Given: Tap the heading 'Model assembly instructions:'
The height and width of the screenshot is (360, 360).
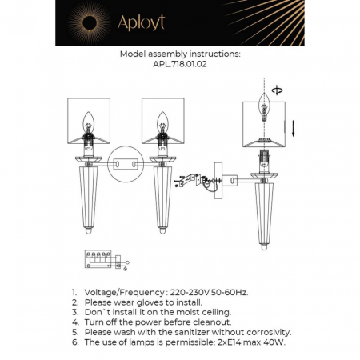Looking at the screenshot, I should [x=179, y=55].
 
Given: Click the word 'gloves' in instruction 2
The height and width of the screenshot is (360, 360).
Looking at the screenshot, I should [x=150, y=302].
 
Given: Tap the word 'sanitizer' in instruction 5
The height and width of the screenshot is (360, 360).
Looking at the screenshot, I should [x=194, y=331].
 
